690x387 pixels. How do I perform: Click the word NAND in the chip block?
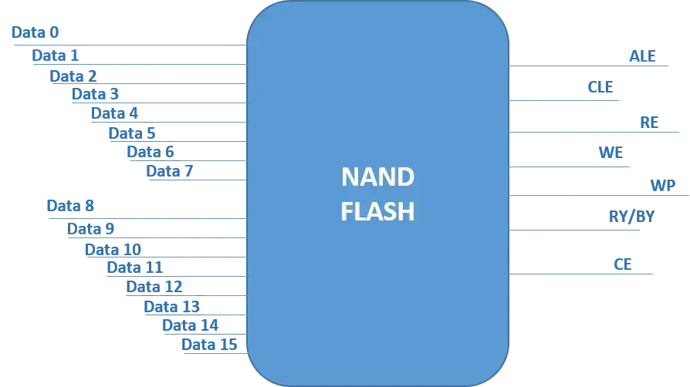[377, 178]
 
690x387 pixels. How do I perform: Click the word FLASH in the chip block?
[377, 210]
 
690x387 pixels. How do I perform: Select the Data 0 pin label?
[36, 33]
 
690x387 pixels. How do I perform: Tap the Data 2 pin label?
[74, 76]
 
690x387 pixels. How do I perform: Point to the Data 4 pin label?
[115, 113]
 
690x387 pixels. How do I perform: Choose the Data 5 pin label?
[131, 133]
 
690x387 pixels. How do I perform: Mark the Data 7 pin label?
[168, 171]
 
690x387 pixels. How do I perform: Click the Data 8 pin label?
[71, 206]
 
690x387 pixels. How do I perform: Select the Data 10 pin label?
[113, 249]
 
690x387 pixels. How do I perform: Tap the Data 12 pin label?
[154, 287]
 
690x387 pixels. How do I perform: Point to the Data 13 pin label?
[172, 307]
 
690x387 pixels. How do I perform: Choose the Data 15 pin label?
[209, 345]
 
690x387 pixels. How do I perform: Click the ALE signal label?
[642, 56]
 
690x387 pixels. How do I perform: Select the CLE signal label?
[601, 86]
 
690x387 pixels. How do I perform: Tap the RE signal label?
[648, 121]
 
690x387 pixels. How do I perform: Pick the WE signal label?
[611, 152]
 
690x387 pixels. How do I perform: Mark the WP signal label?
[662, 185]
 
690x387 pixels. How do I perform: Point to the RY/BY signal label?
[631, 217]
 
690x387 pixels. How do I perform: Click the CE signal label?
[622, 263]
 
